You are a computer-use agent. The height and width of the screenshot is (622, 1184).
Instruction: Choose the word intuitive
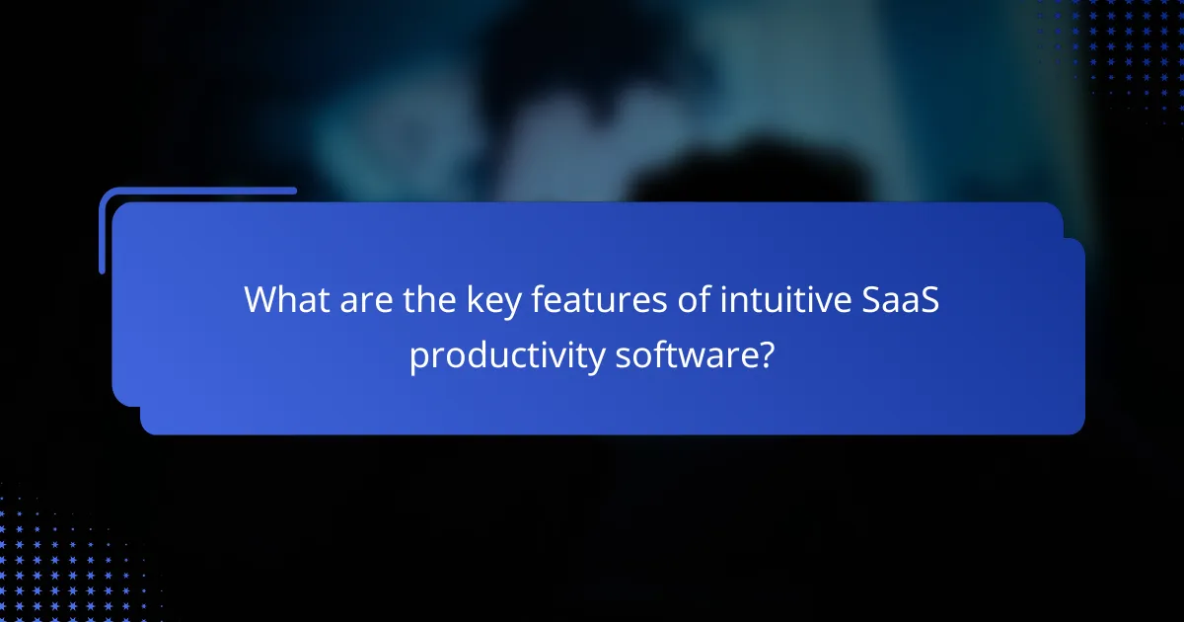point(769,299)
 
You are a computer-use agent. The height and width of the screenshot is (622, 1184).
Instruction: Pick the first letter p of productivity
point(419,358)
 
